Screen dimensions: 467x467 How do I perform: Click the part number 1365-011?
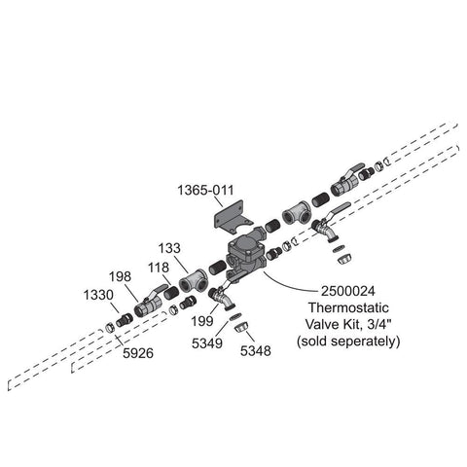[205, 190]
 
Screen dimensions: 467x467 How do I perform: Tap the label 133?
[169, 248]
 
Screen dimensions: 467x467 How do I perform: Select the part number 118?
[159, 268]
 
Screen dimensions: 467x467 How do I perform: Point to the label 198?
[120, 276]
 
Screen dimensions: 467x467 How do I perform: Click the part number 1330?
[98, 296]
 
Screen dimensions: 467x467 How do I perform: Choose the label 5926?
[138, 353]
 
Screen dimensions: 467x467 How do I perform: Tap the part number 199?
[202, 321]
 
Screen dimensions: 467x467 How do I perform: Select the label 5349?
[207, 343]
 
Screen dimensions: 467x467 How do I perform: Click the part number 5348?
[255, 351]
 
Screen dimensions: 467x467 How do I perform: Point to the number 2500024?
[348, 291]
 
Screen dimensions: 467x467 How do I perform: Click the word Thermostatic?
[348, 307]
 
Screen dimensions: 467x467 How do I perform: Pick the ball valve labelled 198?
[149, 303]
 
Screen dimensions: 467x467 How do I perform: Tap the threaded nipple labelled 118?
[171, 293]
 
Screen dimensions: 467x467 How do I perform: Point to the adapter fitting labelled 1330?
[125, 320]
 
